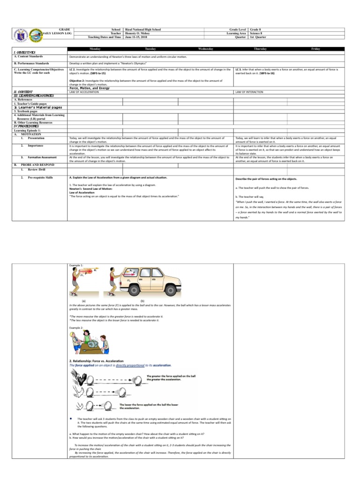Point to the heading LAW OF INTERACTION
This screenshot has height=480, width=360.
[x=249, y=92]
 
